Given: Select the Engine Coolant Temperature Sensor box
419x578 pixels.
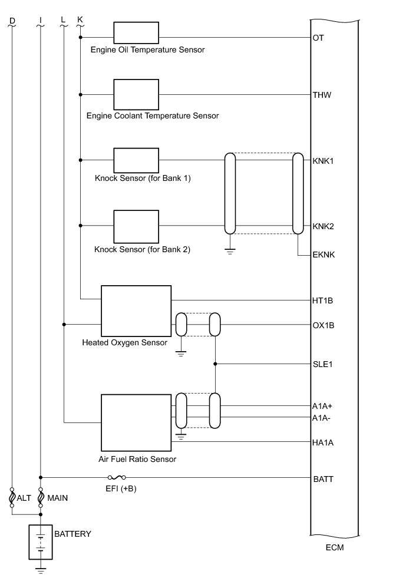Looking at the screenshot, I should [136, 94].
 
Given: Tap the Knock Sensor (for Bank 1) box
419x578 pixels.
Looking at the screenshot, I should [136, 160].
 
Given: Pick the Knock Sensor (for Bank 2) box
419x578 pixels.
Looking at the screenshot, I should [136, 225].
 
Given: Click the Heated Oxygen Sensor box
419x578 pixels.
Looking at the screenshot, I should [136, 311].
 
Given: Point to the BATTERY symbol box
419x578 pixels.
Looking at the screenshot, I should [40, 542].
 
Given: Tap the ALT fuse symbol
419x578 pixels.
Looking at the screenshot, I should [12, 498].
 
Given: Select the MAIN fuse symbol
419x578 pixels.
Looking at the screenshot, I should [40, 498].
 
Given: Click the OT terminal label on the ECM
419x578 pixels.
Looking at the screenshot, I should [318, 38].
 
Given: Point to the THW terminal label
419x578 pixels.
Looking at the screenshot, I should [322, 94].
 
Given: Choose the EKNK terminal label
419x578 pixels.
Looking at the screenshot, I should [324, 255].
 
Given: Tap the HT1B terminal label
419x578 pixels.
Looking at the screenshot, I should [323, 300].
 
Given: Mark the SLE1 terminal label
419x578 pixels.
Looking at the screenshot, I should [323, 364].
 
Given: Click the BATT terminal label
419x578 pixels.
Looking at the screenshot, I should [323, 479].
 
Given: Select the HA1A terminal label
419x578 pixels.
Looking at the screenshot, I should [323, 442].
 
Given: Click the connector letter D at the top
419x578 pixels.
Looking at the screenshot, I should [12, 20].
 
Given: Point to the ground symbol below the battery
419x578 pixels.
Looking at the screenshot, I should [40, 569].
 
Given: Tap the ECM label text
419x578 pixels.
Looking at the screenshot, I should [334, 548].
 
